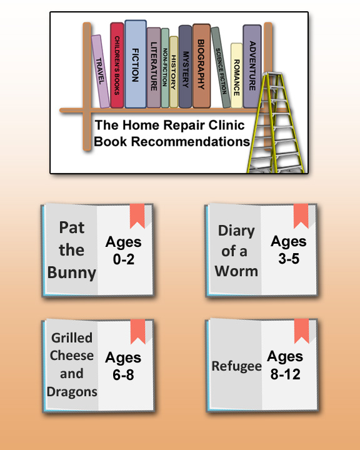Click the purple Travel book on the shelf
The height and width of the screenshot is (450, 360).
tap(101, 71)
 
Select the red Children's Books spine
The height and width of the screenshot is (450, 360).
tap(117, 65)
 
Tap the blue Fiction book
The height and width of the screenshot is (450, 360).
tap(136, 64)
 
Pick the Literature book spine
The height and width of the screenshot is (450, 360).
tap(154, 67)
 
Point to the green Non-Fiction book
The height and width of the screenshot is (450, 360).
tap(165, 67)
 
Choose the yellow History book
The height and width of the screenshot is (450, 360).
tap(174, 72)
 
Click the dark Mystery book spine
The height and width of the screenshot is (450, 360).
tap(185, 67)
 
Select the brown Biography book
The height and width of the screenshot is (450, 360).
tap(201, 66)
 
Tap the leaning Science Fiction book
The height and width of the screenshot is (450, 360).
tap(221, 67)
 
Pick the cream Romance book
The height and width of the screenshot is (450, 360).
tap(236, 76)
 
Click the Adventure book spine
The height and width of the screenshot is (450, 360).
tap(252, 66)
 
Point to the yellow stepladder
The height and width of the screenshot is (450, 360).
tap(275, 123)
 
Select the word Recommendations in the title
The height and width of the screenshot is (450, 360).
tap(191, 141)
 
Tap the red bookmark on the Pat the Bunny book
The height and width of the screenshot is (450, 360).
tap(137, 216)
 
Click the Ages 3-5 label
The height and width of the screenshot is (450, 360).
tap(289, 249)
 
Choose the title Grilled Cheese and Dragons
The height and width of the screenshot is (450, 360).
tap(72, 364)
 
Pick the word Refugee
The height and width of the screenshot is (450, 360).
tap(236, 366)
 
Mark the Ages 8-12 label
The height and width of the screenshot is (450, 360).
tap(285, 365)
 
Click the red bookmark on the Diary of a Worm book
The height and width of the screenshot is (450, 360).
tap(301, 216)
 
